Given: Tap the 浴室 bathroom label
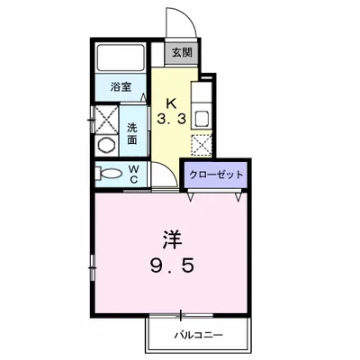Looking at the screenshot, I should pyautogui.click(x=121, y=86).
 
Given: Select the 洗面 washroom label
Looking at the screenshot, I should pyautogui.click(x=132, y=133).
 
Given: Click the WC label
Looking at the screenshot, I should pyautogui.click(x=132, y=172).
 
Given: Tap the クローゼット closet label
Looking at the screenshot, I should pyautogui.click(x=217, y=174).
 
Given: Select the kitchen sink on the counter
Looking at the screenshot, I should pyautogui.click(x=201, y=116).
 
